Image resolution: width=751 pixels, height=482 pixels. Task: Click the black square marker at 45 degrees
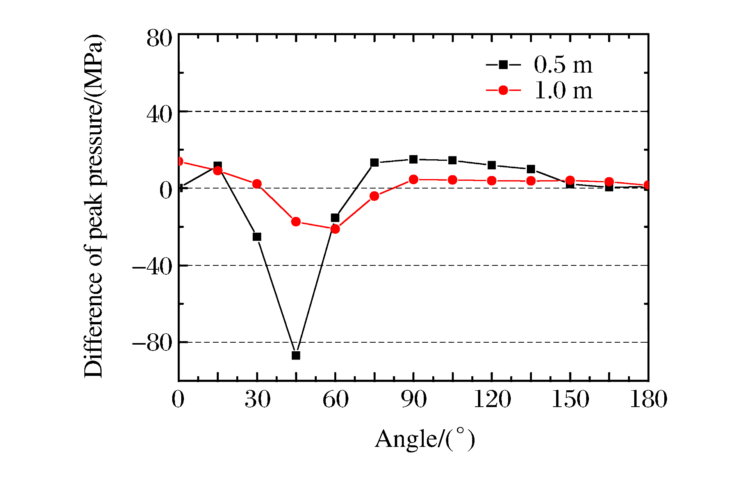point(296,355)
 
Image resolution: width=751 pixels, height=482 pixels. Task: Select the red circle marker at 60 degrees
point(335,229)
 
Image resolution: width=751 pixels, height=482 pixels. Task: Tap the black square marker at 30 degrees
point(257,237)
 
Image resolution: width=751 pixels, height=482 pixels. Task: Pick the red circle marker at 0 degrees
point(179,162)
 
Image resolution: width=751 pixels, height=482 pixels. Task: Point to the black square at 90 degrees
point(414,159)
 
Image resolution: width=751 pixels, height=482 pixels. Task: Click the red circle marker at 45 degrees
point(296,222)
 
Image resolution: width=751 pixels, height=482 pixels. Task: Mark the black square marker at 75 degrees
point(375,163)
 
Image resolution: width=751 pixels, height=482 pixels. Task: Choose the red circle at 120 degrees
point(492,181)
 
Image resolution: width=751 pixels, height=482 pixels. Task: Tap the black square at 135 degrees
point(531,169)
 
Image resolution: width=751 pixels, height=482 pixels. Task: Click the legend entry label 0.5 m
point(563,65)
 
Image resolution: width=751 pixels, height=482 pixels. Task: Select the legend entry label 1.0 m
point(563,91)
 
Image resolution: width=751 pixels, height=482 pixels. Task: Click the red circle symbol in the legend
point(503,91)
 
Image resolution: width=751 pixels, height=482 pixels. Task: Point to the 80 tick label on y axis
point(159,39)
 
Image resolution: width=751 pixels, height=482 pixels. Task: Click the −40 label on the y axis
point(152,267)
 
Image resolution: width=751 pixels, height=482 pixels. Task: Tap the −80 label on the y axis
point(152,343)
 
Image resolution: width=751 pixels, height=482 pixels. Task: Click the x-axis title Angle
point(425,439)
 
